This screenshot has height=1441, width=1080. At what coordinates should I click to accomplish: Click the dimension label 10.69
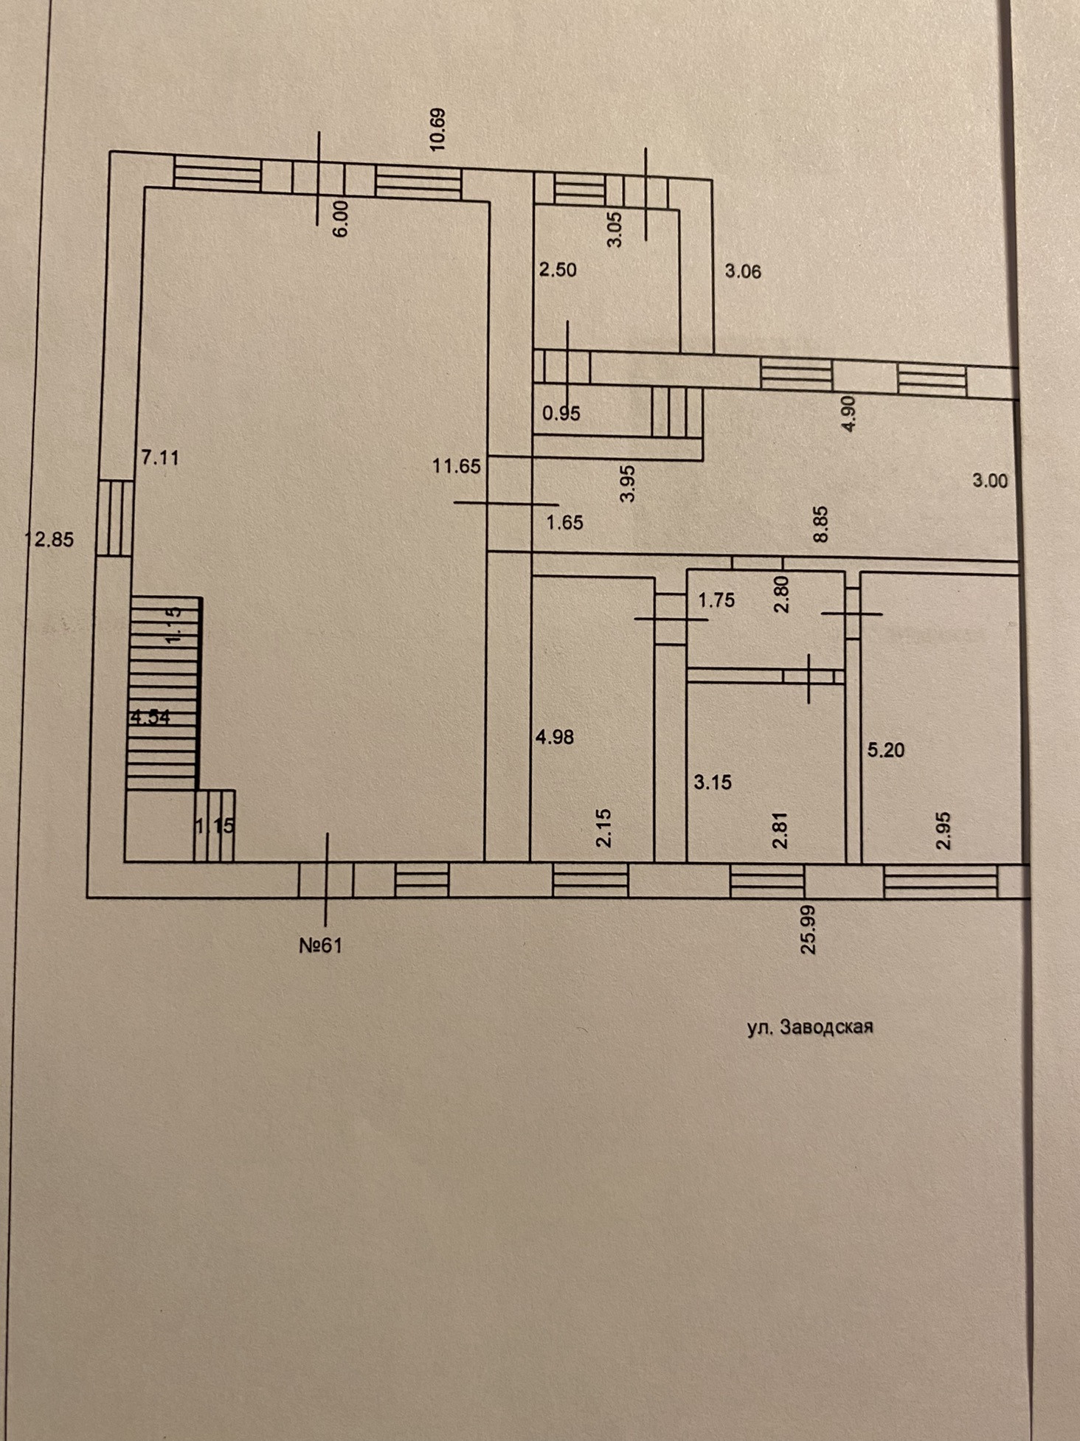point(437,130)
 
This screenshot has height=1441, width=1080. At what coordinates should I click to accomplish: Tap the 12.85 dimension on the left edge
point(50,540)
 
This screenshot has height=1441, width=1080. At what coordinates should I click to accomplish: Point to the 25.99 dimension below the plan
point(809,931)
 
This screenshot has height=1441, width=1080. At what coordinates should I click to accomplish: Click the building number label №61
point(321,945)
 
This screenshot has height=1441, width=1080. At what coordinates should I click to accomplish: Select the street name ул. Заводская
point(810,1027)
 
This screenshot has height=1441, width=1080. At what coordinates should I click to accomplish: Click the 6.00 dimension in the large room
point(340,219)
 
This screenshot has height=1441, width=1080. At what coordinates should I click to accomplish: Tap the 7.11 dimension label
point(160,458)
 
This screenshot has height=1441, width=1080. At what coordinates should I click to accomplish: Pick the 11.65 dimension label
point(457,466)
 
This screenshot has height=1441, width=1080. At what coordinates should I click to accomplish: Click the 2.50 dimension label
point(558,270)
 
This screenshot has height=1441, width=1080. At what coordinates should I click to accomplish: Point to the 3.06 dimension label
point(743,271)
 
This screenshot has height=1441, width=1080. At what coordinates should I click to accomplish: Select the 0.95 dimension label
point(561,414)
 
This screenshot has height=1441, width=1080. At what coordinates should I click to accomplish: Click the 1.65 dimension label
point(564,523)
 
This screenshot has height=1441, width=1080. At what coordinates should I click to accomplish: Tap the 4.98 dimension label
point(555,737)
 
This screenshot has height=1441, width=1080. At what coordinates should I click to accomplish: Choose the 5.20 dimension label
point(885,751)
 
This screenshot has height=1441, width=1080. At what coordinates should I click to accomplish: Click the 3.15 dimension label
point(713,782)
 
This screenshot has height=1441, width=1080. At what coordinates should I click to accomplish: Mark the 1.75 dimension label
point(716,600)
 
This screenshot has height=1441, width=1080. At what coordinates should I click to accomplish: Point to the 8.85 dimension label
point(821,524)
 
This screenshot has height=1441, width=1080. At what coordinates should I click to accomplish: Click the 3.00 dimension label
point(989,481)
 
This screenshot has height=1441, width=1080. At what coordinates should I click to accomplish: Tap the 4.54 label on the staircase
point(150,718)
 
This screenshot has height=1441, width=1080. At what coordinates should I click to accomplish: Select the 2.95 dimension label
point(944,831)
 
